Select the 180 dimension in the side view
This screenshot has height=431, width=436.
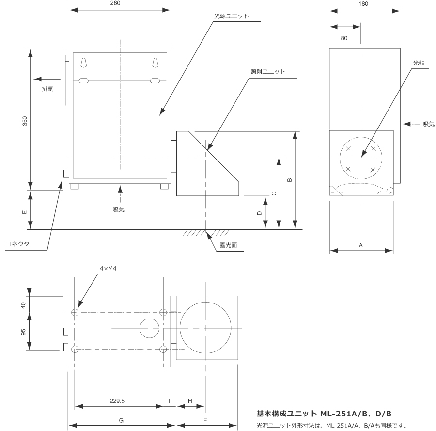[x=364, y=3]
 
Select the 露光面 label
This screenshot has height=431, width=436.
[x=227, y=245]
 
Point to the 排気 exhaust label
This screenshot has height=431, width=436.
[x=47, y=89]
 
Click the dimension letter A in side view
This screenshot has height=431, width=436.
[x=361, y=245]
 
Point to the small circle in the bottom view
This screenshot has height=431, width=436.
[x=150, y=328]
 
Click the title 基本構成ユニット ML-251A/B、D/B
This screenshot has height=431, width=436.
[x=323, y=414]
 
